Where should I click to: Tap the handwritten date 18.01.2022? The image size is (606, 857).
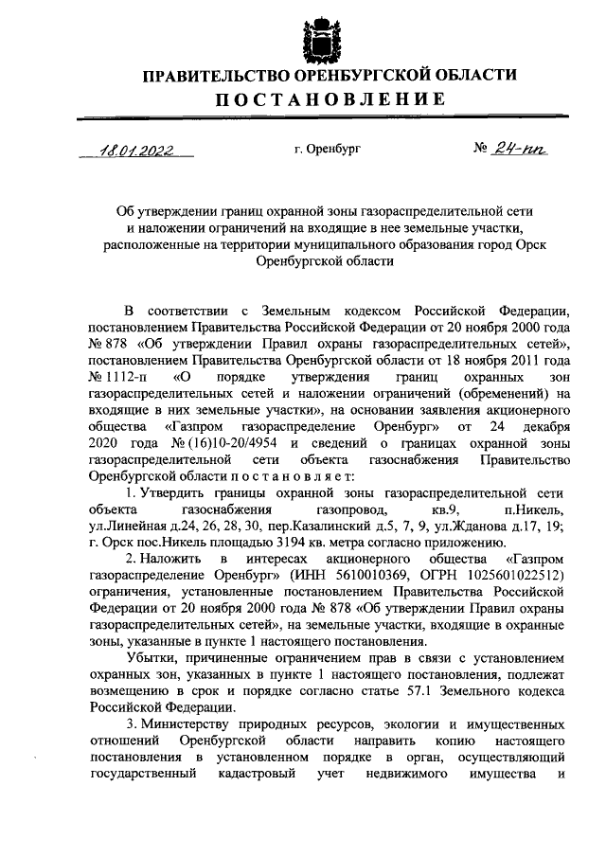pyautogui.click(x=139, y=150)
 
